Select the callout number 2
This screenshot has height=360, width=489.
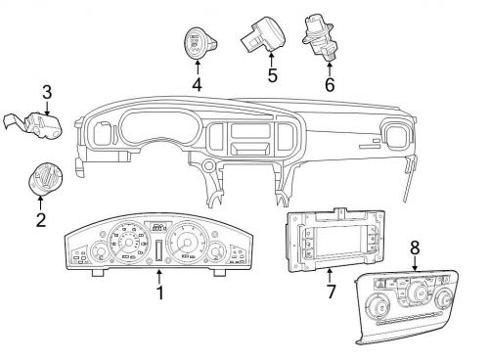tap(41, 220)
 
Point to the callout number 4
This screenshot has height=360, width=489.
tap(198, 83)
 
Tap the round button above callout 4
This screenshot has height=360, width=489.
tap(197, 42)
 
